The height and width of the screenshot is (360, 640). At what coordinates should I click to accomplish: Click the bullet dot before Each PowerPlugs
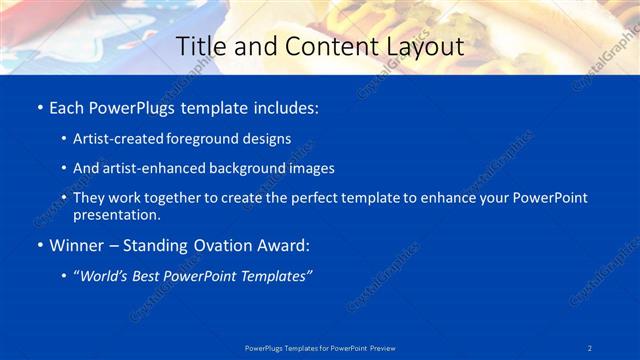pyautogui.click(x=39, y=107)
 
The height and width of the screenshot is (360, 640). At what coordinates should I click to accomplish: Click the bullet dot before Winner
pyautogui.click(x=39, y=245)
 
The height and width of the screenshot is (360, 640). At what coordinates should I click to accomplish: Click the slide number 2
pyautogui.click(x=590, y=347)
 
